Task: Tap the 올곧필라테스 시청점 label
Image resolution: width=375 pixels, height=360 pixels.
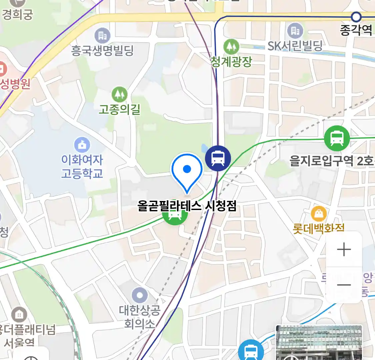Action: [x=187, y=206]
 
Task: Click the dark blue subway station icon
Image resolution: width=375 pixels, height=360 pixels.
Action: [x=218, y=158]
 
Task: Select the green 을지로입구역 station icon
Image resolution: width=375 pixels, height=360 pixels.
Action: [x=337, y=138]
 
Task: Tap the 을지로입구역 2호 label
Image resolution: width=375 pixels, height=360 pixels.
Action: [x=331, y=161]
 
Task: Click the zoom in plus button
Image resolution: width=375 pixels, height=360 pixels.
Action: [x=344, y=250]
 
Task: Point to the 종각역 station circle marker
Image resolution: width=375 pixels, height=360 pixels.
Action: [x=356, y=17]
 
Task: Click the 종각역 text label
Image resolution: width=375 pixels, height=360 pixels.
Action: [x=356, y=30]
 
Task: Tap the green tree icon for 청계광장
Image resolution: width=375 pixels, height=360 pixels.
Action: [x=231, y=47]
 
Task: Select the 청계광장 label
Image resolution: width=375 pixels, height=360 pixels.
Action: [x=231, y=61]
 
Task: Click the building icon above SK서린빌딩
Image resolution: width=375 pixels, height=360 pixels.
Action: [x=295, y=31]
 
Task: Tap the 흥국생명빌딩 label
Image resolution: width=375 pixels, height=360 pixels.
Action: [x=102, y=51]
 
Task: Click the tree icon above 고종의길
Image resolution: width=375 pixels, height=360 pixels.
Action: [x=119, y=94]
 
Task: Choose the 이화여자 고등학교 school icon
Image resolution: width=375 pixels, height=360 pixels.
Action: [x=82, y=145]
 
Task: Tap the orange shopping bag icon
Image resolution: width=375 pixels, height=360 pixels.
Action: [x=319, y=214]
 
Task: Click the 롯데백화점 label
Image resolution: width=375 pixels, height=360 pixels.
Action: [x=318, y=229]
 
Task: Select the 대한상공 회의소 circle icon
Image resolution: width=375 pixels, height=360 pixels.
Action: [x=140, y=295]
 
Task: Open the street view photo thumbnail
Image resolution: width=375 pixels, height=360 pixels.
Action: [x=319, y=343]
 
